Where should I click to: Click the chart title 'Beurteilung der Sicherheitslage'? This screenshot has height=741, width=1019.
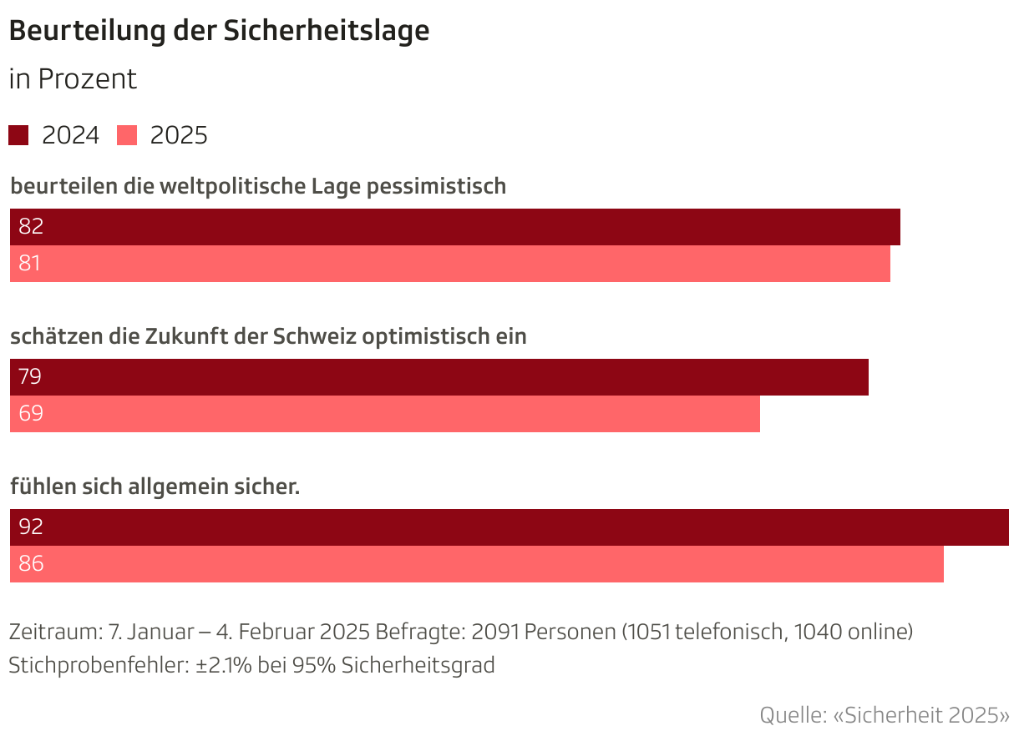219,31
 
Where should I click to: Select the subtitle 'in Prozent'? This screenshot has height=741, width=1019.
73,79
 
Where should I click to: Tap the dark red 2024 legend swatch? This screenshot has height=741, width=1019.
18,135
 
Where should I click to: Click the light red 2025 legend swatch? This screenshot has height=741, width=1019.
127,135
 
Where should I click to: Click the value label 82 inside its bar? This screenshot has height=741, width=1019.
31,227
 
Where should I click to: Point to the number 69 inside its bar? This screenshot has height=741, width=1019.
31,414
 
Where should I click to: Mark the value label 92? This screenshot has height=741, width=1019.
31,527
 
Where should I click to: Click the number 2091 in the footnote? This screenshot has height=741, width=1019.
494,632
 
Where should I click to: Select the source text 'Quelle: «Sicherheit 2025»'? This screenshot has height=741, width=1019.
884,715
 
